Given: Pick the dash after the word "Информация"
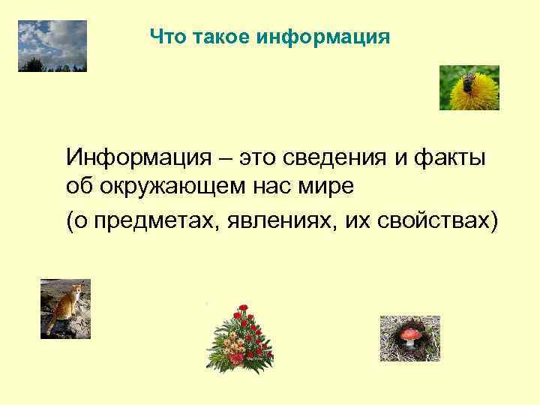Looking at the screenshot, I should coord(230,160).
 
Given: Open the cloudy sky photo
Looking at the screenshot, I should coord(52,46).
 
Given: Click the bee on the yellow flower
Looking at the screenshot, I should coord(469,81).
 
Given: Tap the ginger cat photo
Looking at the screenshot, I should coord(65,308).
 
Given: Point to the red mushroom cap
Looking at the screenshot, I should coord(409,331).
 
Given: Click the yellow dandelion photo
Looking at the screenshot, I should coord(469,88).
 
